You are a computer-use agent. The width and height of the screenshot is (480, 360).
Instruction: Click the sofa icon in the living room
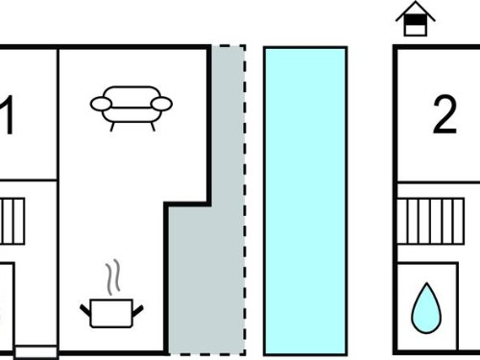click(132, 108)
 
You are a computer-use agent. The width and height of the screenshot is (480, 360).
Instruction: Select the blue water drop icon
click(426, 308)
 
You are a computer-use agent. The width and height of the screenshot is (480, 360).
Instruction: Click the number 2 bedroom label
click(444, 115)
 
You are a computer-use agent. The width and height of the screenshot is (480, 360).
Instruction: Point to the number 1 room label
click(7, 115)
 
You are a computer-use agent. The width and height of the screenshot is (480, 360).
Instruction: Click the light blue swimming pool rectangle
click(305, 201)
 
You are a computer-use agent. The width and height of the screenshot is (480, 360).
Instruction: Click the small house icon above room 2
click(416, 18)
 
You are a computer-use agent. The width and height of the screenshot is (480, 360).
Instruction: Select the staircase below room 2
click(431, 221)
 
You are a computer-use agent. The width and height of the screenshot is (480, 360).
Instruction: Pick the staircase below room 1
click(12, 221)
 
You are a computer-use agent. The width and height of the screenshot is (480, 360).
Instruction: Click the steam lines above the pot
click(113, 277)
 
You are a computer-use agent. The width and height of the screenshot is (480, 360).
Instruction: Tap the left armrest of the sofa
click(101, 104)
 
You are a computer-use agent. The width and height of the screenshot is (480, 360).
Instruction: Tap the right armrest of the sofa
click(161, 104)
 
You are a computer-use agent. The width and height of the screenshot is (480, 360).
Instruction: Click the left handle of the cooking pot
click(85, 310)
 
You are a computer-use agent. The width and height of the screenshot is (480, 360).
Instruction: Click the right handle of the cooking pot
click(138, 310)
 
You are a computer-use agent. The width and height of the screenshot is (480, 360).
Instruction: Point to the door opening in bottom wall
click(36, 352)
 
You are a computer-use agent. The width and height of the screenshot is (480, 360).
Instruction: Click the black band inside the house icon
click(416, 20)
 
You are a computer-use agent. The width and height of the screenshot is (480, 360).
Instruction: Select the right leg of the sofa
click(153, 127)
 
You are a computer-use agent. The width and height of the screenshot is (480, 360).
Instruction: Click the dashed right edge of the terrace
click(245, 200)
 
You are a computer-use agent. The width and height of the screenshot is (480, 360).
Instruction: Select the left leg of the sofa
click(112, 127)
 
